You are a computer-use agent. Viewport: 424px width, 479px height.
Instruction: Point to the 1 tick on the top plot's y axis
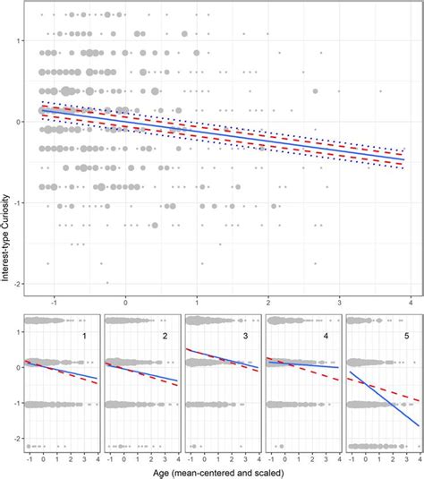tap(18, 41)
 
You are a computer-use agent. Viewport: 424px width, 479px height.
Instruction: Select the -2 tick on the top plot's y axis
tap(16, 283)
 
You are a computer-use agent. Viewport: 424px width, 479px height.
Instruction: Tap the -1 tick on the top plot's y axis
tap(16, 202)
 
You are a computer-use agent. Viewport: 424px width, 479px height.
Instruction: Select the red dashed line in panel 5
tap(394, 391)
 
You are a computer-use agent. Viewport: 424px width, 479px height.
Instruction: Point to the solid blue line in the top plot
tap(268, 139)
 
